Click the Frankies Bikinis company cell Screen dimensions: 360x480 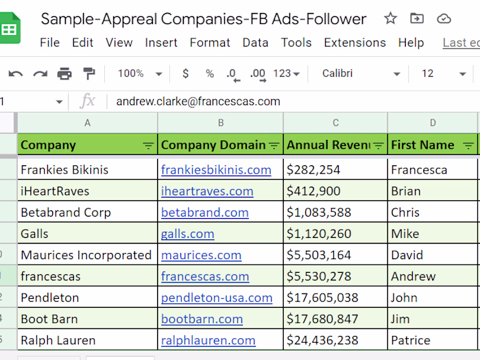(x=64, y=169)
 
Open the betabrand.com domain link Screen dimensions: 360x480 (x=204, y=213)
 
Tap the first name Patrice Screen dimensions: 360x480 (x=411, y=340)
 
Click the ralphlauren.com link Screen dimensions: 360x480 (x=208, y=340)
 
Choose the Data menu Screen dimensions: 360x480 (x=255, y=43)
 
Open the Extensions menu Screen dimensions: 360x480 (x=355, y=43)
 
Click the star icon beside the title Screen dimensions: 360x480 (x=390, y=19)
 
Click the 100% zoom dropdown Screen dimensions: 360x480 (x=140, y=73)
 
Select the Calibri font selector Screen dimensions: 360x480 (x=361, y=73)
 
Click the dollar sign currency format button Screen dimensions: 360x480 (x=185, y=73)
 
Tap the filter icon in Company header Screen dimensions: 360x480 (x=148, y=145)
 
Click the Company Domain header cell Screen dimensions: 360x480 (x=213, y=145)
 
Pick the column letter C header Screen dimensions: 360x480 (x=335, y=123)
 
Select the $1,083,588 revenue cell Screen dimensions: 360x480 (x=319, y=213)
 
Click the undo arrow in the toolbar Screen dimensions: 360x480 (x=15, y=73)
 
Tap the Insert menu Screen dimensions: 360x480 (x=161, y=43)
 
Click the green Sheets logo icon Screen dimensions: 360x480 (x=9, y=29)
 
